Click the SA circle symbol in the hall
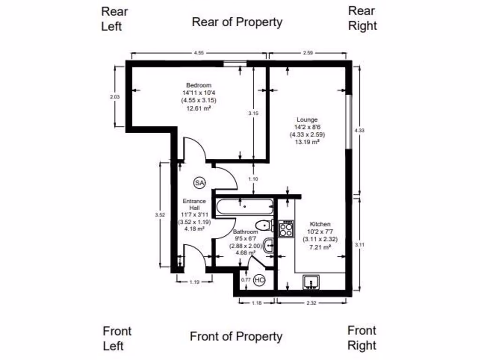[x=200, y=183]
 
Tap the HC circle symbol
[x=259, y=280]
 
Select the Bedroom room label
[x=199, y=85]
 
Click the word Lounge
[x=307, y=120]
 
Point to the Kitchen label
[x=319, y=225]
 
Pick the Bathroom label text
[x=246, y=232]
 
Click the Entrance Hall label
[x=195, y=204]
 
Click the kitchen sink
[x=311, y=282]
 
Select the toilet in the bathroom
[x=266, y=225]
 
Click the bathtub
[x=245, y=205]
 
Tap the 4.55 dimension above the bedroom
[x=198, y=53]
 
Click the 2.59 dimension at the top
[x=308, y=53]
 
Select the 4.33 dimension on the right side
[x=359, y=130]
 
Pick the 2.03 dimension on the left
[x=115, y=97]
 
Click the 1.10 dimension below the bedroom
[x=253, y=179]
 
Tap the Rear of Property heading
[x=237, y=22]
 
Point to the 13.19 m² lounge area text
[x=307, y=142]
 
